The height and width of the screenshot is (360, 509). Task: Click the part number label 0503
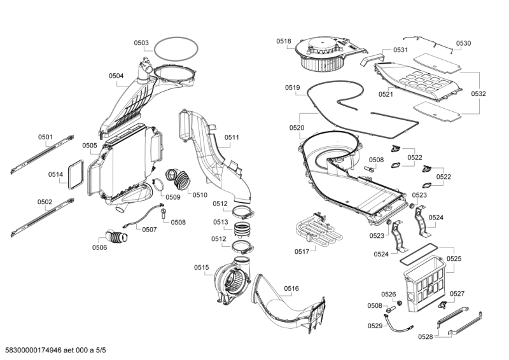click(x=141, y=43)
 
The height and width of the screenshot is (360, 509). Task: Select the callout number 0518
click(x=284, y=41)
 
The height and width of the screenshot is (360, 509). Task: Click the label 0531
click(x=400, y=50)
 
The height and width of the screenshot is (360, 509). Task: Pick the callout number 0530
click(x=464, y=43)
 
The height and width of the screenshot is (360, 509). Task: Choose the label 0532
click(x=478, y=93)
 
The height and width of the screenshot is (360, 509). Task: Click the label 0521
click(x=386, y=94)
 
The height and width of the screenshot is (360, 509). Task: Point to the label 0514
click(x=55, y=174)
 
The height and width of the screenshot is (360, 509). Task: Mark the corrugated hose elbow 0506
click(x=115, y=238)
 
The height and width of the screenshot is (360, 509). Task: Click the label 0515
click(x=201, y=267)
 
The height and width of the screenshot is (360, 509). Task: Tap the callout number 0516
click(x=291, y=289)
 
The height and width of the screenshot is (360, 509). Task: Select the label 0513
click(x=220, y=222)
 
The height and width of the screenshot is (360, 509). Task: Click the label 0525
click(x=454, y=259)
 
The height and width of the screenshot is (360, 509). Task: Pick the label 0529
click(x=375, y=326)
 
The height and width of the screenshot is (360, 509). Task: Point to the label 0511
click(x=232, y=137)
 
